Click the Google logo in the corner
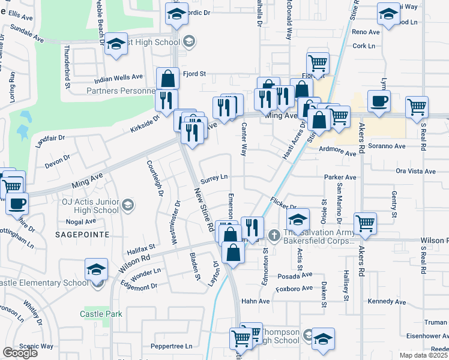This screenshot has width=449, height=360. click(20, 353)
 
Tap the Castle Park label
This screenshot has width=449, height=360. click(101, 314)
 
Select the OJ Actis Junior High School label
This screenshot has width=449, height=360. click(90, 206)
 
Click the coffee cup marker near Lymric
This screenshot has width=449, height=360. click(378, 101)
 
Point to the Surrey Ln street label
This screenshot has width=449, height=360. click(214, 177)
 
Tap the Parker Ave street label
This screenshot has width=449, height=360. click(340, 178)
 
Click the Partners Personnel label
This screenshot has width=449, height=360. click(121, 91)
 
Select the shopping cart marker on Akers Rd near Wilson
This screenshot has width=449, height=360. click(364, 223)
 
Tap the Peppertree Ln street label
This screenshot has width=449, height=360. click(171, 346)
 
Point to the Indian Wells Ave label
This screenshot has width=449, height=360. click(119, 77)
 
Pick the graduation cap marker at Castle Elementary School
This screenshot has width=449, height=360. click(96, 270)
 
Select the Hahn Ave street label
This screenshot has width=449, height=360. click(256, 301)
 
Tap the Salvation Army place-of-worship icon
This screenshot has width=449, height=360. click(274, 234)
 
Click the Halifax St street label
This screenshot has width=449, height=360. click(140, 247)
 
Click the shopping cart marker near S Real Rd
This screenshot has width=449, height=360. click(417, 107)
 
